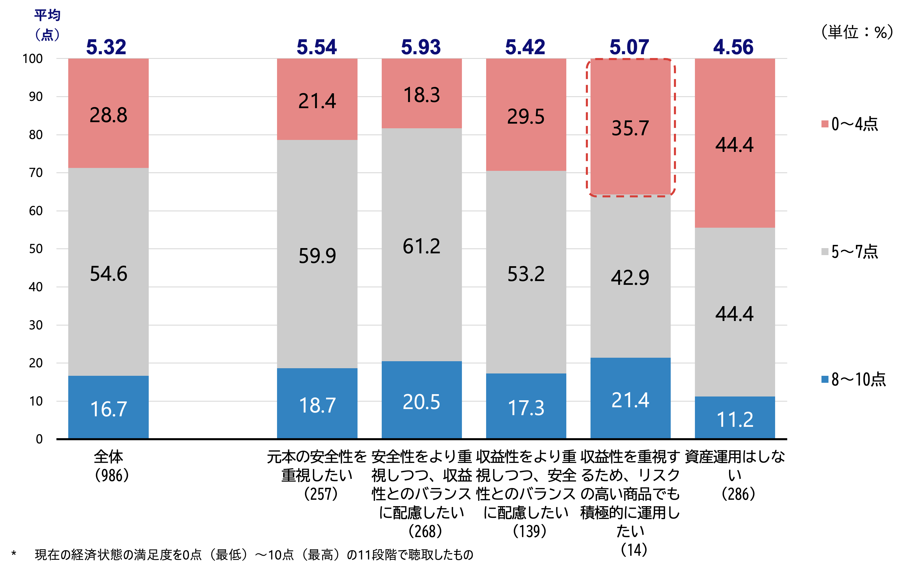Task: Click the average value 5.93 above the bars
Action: point(421,47)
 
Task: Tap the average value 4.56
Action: point(733,47)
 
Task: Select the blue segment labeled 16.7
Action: point(108,407)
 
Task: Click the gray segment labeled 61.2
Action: point(421,245)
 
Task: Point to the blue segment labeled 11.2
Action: point(735,418)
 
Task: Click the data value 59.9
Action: point(317,256)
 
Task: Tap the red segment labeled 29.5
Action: point(526,116)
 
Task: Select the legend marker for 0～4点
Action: point(825,124)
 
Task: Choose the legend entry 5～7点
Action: point(854,252)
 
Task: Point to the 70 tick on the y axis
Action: point(36,173)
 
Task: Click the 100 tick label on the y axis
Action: point(33,59)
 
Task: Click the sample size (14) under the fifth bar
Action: point(634,549)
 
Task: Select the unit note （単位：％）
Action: point(856,32)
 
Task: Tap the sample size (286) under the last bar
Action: point(738,494)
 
